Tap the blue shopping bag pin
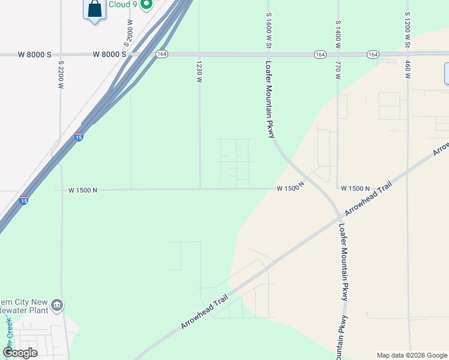[x=94, y=10]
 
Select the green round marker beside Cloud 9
[x=145, y=4]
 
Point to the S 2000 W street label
[x=128, y=32]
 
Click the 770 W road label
[x=338, y=70]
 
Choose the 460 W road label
[x=407, y=70]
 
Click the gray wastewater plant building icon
[x=57, y=305]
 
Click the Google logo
[x=20, y=353]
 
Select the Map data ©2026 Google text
[x=411, y=355]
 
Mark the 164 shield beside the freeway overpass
[x=161, y=54]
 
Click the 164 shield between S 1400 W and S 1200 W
[x=373, y=55]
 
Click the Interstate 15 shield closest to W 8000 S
[x=79, y=137]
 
